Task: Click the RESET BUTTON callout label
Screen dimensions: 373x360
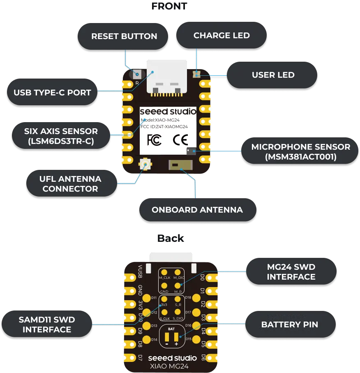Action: [124, 36]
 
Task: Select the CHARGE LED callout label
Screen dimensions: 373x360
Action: [222, 35]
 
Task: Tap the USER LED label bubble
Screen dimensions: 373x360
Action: [273, 75]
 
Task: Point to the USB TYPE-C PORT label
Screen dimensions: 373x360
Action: [52, 93]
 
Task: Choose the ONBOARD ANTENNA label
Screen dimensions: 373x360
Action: [197, 210]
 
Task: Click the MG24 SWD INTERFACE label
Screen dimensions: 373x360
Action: [291, 272]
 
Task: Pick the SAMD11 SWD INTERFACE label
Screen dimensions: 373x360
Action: [46, 324]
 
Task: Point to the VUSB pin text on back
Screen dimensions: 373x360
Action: [140, 271]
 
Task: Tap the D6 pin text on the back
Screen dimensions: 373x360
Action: [203, 357]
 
